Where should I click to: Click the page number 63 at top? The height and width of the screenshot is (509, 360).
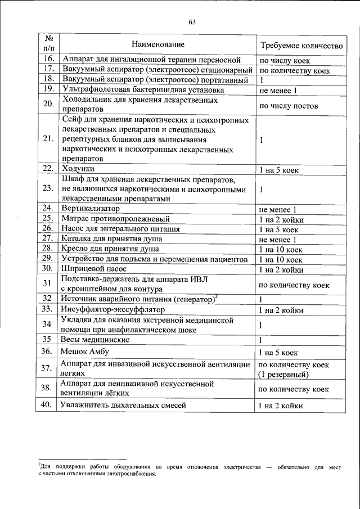pos(192,22)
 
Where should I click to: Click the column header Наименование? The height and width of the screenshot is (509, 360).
pos(155,44)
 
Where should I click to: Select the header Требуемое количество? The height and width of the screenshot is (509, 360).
pos(300,44)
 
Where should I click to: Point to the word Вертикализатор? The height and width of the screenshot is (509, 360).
pos(91,209)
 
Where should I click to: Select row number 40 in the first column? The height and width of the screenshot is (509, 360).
pos(48,405)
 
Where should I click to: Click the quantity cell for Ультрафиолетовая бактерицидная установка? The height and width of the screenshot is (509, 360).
pos(278,90)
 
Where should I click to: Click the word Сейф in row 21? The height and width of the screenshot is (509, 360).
pos(71,120)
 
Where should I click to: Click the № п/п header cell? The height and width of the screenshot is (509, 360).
pos(48,44)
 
